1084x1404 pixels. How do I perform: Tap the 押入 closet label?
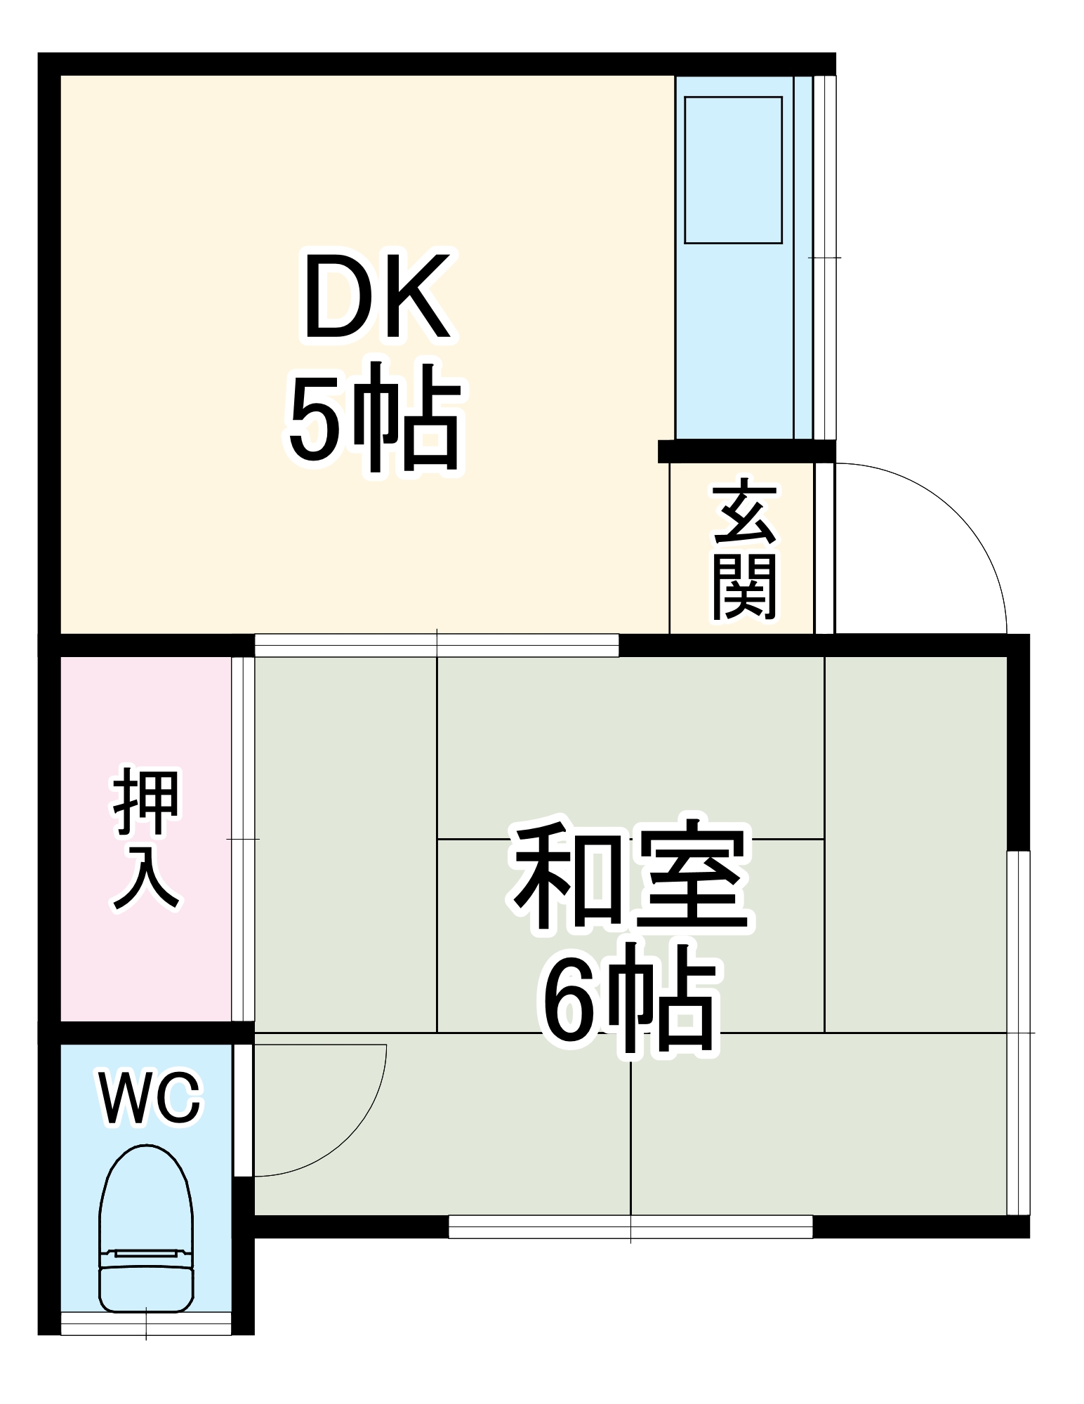click(146, 839)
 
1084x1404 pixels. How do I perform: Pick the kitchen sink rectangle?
click(733, 170)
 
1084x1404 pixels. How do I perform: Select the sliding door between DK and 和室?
click(436, 644)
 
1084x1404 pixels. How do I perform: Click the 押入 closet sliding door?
click(242, 839)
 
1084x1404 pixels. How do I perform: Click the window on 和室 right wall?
click(1018, 1032)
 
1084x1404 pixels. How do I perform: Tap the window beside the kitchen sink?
click(824, 257)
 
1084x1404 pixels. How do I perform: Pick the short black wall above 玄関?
click(746, 451)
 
